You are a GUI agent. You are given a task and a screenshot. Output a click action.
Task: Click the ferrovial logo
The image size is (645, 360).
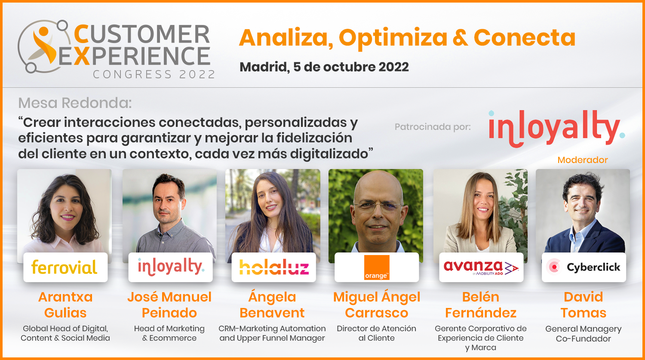(x=64, y=267)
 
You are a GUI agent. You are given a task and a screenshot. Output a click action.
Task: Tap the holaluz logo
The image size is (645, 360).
(x=274, y=267)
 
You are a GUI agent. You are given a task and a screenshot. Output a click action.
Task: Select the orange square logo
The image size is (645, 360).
(x=377, y=267)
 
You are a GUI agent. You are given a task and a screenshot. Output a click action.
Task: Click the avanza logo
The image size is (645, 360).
(x=481, y=267)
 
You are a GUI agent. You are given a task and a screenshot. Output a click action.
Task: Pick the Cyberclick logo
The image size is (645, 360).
(x=584, y=267)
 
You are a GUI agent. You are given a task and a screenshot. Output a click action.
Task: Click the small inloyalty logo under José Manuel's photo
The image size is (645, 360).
(x=171, y=267)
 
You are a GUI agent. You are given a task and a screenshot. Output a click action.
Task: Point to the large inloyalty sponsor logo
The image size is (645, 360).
(x=556, y=129)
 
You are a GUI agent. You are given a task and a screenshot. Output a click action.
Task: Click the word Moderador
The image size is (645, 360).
(x=583, y=160)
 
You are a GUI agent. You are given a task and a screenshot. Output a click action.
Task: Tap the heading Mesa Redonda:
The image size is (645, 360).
(x=75, y=103)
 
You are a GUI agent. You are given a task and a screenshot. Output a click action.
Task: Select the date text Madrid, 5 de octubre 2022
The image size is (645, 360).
(x=324, y=67)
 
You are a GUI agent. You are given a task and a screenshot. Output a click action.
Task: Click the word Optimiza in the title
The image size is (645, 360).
(x=393, y=38)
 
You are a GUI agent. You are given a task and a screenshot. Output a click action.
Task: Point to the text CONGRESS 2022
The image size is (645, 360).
(x=154, y=74)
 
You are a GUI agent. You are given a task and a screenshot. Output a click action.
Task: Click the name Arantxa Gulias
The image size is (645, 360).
(x=65, y=305)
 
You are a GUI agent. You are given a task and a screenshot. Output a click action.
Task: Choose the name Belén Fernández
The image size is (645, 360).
(x=481, y=305)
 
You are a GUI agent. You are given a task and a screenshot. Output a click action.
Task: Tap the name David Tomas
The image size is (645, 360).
(x=584, y=305)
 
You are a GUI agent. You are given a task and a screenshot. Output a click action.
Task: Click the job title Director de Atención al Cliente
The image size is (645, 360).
(x=377, y=333)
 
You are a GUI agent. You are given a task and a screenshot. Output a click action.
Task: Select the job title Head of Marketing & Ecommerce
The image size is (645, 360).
(x=169, y=333)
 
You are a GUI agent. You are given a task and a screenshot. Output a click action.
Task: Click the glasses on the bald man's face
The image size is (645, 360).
(x=377, y=207)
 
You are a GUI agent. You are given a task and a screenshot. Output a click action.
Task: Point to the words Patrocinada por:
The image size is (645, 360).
(x=433, y=127)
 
